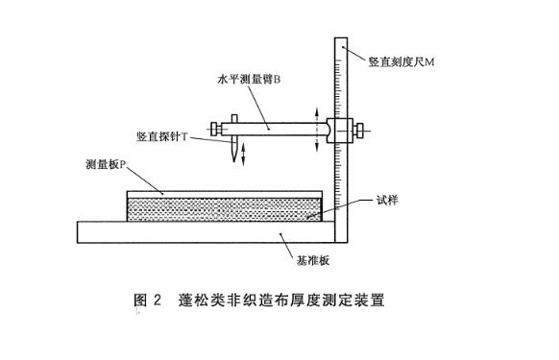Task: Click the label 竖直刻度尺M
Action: pos(401,61)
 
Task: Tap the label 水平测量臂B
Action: pos(249,79)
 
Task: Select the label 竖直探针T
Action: pos(162,136)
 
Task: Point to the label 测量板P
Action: pos(107,164)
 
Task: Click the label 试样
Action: pos(387,201)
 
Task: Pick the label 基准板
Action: pos(313,260)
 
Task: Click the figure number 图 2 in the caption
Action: pos(147,300)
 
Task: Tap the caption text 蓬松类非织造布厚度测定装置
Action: pos(281,300)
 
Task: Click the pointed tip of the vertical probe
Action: pos(234,161)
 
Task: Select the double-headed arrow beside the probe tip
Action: pos(244,154)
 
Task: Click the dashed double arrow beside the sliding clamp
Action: pos(317,130)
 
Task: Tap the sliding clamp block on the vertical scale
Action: pos(340,131)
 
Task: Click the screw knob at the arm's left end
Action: pos(215,129)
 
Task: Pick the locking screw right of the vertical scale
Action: pos(358,131)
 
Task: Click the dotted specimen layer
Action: pos(225,209)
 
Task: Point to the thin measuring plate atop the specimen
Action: pos(225,195)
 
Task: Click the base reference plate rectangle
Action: pos(207,232)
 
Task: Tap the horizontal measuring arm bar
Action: pos(274,129)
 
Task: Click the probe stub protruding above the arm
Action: pos(234,119)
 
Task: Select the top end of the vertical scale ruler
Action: pos(341,38)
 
